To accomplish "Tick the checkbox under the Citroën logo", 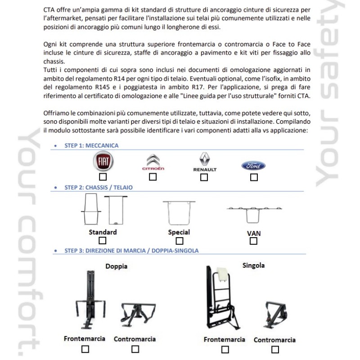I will pyautogui.click(x=153, y=177).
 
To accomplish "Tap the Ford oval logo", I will pyautogui.click(x=254, y=166).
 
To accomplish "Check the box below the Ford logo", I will pyautogui.click(x=254, y=177).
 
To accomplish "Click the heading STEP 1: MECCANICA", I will pyautogui.click(x=92, y=146).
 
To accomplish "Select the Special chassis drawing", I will pyautogui.click(x=179, y=212).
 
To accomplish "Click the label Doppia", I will pyautogui.click(x=116, y=266).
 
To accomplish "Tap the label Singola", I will pyautogui.click(x=253, y=265).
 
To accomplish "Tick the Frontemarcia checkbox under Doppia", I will pyautogui.click(x=85, y=349).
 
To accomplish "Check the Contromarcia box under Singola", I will pyautogui.click(x=274, y=349).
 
